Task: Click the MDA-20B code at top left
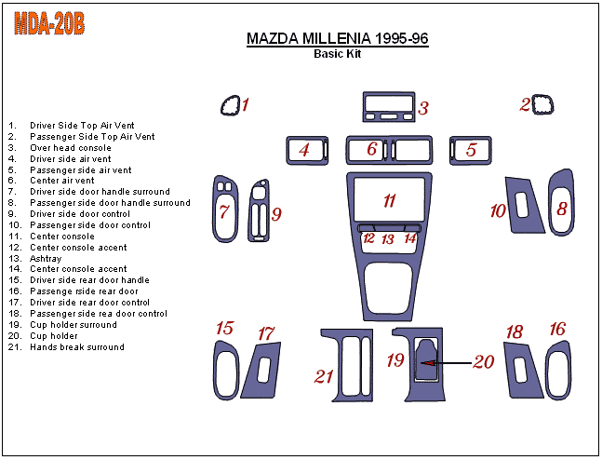[x=49, y=24]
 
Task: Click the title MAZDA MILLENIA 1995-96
[x=337, y=39]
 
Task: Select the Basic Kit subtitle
[x=337, y=54]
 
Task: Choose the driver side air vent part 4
[x=307, y=149]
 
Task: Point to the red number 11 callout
[x=390, y=200]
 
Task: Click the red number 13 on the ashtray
[x=388, y=239]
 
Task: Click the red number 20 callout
[x=483, y=361]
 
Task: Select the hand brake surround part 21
[x=346, y=364]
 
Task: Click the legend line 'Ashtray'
[x=47, y=259]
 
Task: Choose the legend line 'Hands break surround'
[x=77, y=347]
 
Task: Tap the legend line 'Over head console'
[x=71, y=148]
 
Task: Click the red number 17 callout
[x=267, y=332]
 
